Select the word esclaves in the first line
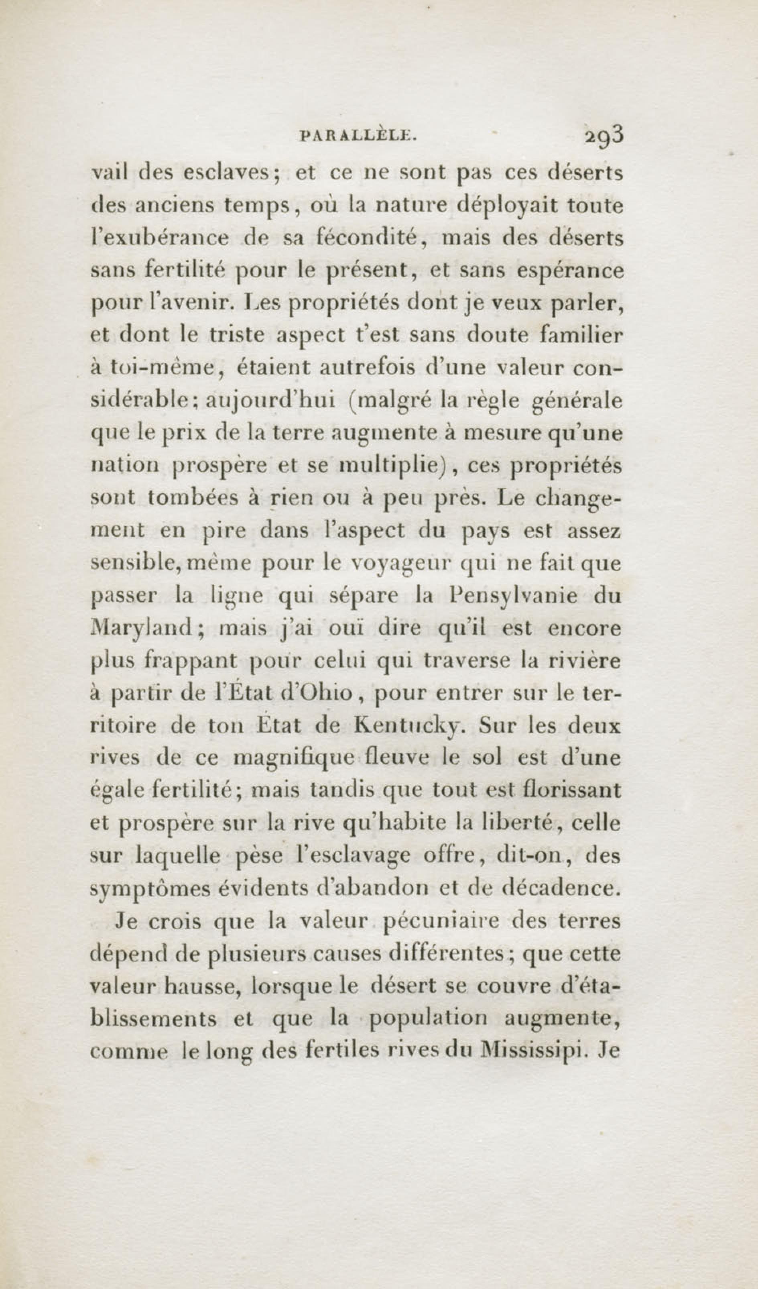click(230, 173)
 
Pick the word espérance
click(570, 271)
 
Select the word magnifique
click(294, 759)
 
